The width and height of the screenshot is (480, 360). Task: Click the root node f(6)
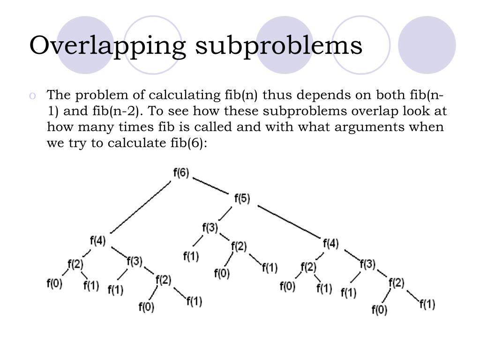pos(181,172)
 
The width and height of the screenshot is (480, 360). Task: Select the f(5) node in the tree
pos(242,198)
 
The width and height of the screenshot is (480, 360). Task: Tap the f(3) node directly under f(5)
pos(210,228)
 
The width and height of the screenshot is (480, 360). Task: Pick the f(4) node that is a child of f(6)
pos(97,240)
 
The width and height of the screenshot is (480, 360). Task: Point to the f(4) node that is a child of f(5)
pos(330,243)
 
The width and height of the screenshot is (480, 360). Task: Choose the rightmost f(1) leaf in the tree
pos(427,304)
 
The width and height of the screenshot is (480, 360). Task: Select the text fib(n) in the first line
pos(239,96)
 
